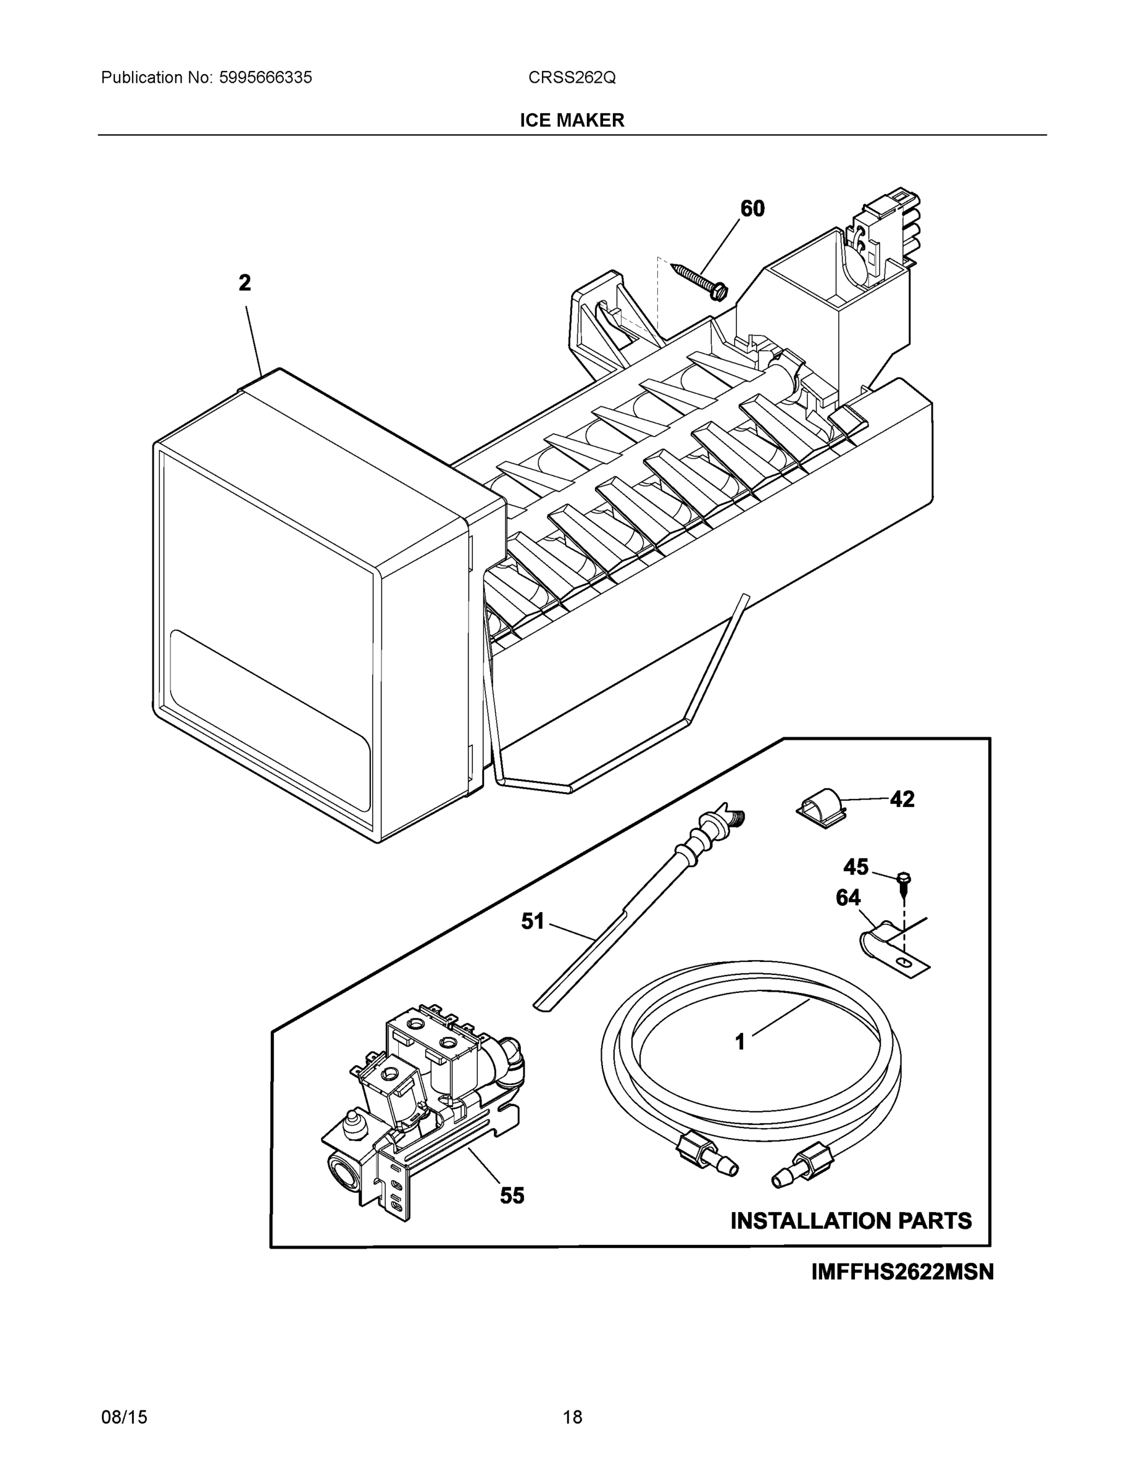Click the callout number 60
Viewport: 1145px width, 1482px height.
(x=752, y=208)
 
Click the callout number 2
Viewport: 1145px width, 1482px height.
(x=245, y=283)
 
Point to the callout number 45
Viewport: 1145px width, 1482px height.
(x=856, y=867)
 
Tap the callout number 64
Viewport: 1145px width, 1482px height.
(x=848, y=898)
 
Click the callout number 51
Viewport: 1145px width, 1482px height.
(x=533, y=921)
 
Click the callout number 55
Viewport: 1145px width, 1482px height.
(x=512, y=1195)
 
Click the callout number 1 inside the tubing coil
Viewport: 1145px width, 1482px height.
(x=740, y=1042)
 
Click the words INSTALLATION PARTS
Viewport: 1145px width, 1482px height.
(x=851, y=1221)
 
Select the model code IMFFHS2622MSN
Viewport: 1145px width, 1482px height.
(x=902, y=1271)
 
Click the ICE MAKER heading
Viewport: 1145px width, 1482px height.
(x=572, y=120)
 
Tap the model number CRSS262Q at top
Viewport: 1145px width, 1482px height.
(x=572, y=77)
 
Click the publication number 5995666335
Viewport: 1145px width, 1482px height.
(x=265, y=77)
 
